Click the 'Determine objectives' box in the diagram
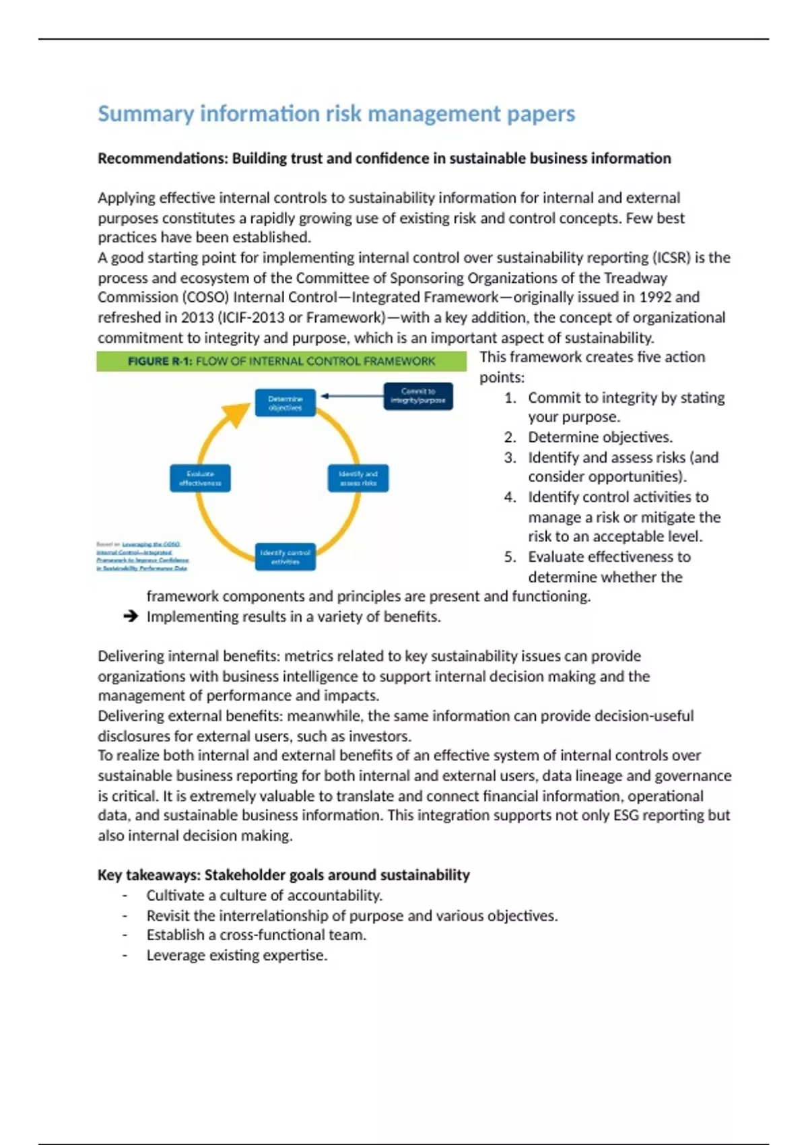[285, 403]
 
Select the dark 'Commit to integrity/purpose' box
[418, 395]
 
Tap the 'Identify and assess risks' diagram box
[358, 478]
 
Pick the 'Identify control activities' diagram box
[285, 557]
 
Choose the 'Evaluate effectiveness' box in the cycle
[200, 478]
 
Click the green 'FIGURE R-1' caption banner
[281, 361]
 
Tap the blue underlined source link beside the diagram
[143, 556]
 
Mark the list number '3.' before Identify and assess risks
[510, 457]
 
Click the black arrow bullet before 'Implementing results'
[131, 616]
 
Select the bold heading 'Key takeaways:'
[149, 875]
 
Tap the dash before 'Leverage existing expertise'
[125, 955]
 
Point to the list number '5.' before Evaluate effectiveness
[510, 557]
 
